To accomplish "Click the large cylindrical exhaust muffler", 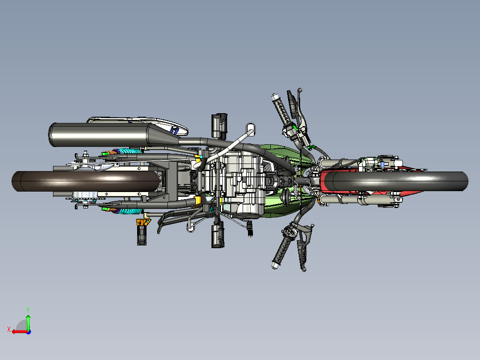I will [x=98, y=134].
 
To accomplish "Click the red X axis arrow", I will [x=18, y=331].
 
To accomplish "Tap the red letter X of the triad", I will [x=8, y=329].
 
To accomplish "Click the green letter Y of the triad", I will [x=28, y=309].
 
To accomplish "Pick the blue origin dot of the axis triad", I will [x=28, y=331].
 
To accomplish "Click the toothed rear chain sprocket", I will [x=85, y=196].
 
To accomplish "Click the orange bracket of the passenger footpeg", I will [x=142, y=222].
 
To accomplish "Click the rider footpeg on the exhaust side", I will [x=219, y=124].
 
